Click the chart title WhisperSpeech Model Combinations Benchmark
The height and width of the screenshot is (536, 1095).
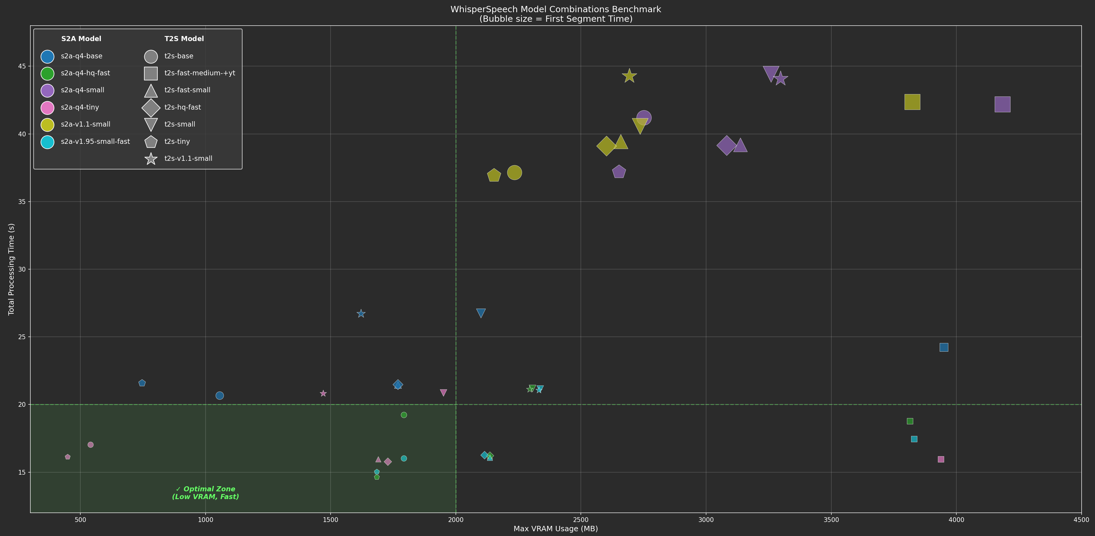(556, 9)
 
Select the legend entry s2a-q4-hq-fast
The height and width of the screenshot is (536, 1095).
(85, 73)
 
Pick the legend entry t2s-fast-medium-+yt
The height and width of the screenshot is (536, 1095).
(199, 73)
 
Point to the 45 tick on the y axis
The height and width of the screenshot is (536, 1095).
(21, 66)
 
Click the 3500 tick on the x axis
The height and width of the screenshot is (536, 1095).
(831, 520)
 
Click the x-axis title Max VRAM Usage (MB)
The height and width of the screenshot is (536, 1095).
(556, 529)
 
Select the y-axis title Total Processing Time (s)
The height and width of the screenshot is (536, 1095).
(12, 269)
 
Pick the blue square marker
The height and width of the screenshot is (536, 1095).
(944, 348)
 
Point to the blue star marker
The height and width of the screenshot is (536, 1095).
(361, 314)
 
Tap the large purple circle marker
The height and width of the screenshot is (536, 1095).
(644, 118)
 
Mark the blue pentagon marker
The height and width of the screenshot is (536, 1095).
(142, 383)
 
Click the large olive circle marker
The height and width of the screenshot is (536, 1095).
(514, 173)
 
